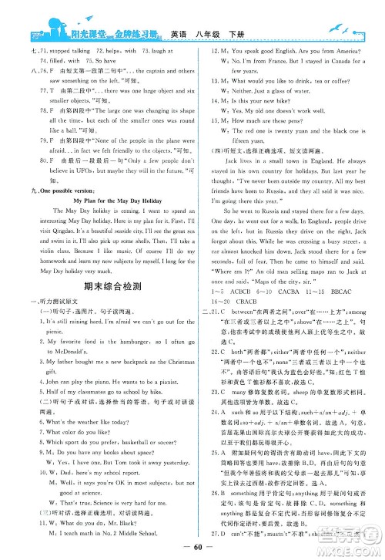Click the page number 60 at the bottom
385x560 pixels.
192,548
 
